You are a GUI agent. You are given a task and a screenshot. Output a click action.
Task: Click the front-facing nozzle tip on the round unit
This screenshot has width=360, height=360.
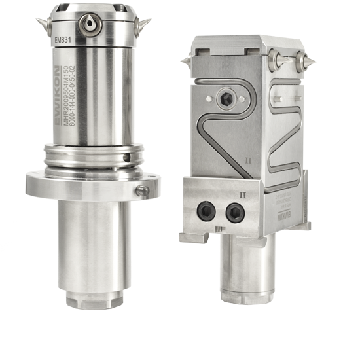click(87, 24)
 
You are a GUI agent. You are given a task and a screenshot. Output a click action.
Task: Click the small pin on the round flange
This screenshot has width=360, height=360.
click(141, 190)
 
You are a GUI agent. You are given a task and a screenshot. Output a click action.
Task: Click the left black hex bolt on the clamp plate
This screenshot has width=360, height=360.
click(206, 211)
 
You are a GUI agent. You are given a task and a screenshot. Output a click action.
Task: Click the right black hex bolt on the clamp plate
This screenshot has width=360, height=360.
click(234, 211)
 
